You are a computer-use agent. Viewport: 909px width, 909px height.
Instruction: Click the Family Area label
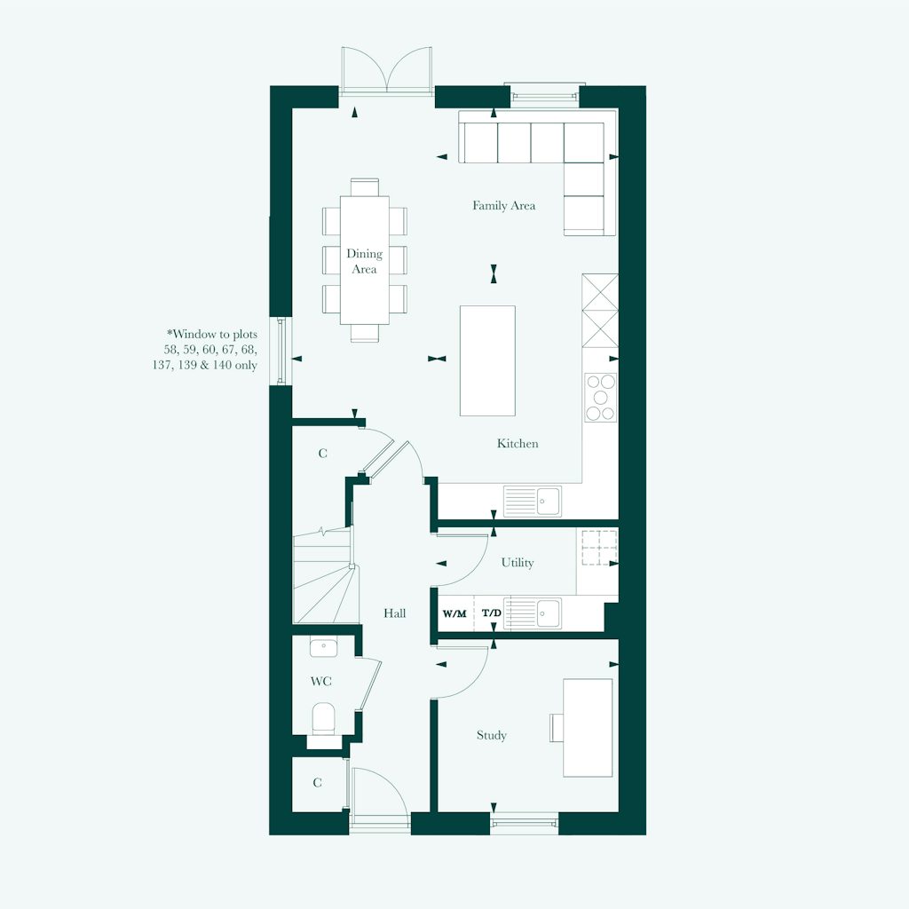pos(503,206)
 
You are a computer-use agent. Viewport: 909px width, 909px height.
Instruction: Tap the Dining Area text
pos(364,261)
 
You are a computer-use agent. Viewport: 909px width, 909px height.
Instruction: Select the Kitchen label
pos(518,443)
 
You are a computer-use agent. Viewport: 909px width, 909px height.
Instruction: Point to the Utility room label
pos(518,562)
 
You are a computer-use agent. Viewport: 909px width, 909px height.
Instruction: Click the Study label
pos(491,735)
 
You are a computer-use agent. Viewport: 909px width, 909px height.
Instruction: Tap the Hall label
pos(395,613)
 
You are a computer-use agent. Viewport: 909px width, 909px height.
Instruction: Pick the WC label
pos(320,682)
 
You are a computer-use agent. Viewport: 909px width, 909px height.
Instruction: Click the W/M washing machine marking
pos(454,613)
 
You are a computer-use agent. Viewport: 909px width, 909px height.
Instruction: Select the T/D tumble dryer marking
pos(491,613)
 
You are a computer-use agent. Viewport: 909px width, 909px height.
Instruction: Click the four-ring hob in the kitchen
pos(600,397)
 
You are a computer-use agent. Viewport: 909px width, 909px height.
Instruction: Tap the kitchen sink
pos(533,501)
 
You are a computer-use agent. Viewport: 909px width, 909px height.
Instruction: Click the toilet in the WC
pos(323,717)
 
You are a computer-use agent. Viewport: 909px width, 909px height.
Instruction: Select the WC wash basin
pos(323,647)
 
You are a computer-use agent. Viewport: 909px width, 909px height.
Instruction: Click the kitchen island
pos(487,360)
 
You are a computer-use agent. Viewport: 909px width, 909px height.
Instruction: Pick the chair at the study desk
pos(557,727)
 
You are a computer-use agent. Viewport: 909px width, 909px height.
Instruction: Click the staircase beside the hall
pos(323,577)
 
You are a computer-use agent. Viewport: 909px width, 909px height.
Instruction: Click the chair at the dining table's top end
pos(365,187)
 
